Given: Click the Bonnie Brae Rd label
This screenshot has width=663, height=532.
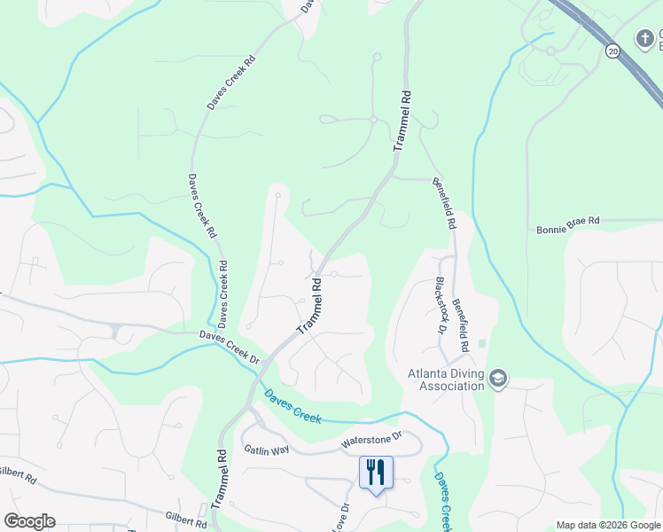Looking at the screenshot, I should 568,231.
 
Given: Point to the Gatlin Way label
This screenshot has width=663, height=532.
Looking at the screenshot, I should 268,450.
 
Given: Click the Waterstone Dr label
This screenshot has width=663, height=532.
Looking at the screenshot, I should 371,440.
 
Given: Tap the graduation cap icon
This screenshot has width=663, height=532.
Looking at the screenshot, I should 497,379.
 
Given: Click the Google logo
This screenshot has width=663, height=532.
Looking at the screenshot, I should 29,521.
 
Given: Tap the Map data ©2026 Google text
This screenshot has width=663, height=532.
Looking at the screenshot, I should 607,525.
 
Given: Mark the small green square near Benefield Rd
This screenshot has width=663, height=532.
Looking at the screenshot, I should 482,343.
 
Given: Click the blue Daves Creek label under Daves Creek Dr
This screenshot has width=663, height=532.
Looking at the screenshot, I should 291,403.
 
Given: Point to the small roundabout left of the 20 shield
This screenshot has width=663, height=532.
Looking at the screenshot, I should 550,51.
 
